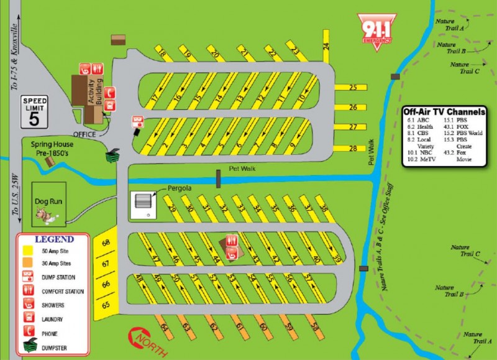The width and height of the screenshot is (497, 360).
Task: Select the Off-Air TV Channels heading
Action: pos(444,112)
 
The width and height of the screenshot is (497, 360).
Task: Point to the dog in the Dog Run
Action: pos(43,215)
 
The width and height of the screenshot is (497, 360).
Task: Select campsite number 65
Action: pos(106,305)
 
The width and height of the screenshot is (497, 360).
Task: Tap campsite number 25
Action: pos(352,88)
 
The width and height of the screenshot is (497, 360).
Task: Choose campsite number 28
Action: pos(352,148)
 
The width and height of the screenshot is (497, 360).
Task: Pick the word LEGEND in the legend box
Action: pos(55,239)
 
